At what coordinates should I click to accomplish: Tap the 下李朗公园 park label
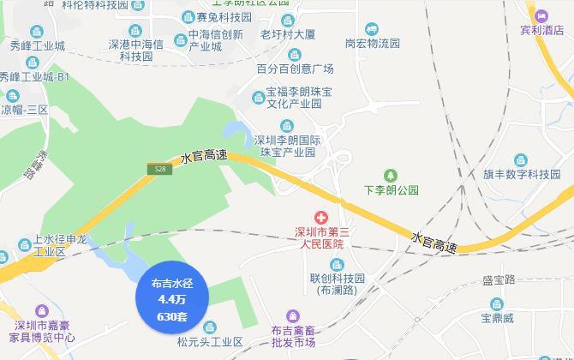(392, 189)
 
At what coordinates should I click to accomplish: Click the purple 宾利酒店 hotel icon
(541, 15)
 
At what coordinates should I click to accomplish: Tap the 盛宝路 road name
(499, 280)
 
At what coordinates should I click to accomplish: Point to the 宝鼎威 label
(497, 319)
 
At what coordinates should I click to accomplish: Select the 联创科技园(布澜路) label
(338, 284)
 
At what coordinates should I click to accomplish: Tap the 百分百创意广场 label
(295, 69)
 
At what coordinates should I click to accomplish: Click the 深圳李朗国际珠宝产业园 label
(285, 146)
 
